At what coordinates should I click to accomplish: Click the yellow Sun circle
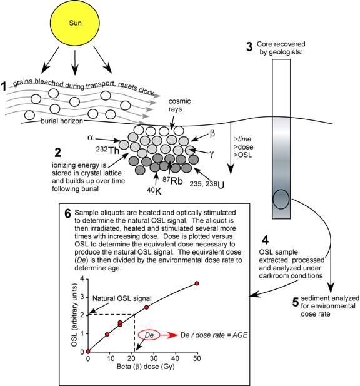point(75,23)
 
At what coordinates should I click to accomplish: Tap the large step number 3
point(249,47)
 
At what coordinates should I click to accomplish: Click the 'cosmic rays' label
point(179,105)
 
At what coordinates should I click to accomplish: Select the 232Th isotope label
point(107,150)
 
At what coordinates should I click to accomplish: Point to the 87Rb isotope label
point(172,180)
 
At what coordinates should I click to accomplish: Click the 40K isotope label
point(154,191)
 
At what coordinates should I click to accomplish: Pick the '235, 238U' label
point(207,185)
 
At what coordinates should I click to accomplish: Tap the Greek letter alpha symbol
point(90,138)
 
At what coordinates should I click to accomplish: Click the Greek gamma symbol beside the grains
point(211,154)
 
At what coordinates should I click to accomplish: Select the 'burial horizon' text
point(62,121)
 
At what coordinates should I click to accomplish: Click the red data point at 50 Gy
point(197,283)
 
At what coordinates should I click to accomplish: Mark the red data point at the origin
point(88,352)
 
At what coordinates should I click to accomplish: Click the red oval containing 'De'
point(149,335)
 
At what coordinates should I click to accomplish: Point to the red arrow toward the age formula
point(169,335)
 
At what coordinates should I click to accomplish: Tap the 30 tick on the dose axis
point(154,358)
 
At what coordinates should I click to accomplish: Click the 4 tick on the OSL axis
point(82,278)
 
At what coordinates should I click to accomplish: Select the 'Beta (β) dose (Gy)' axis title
point(146,367)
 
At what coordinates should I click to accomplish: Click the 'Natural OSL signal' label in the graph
point(122,298)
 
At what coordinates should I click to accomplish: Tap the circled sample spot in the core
point(281,200)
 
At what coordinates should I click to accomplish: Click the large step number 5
point(296,302)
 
